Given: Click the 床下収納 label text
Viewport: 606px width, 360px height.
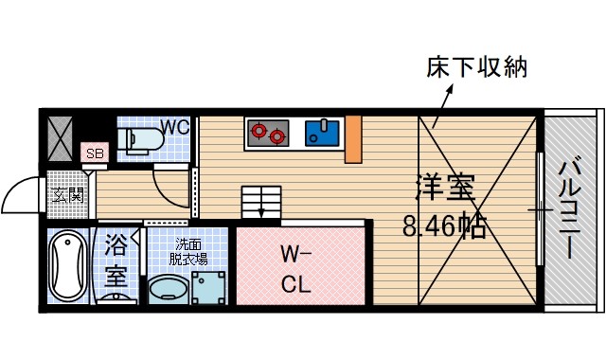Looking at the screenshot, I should click(475, 68).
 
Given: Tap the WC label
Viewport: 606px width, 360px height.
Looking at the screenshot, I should click(173, 127).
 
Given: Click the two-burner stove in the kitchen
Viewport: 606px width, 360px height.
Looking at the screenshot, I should click(266, 133).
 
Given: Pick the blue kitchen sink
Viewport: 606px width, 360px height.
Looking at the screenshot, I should click(323, 133).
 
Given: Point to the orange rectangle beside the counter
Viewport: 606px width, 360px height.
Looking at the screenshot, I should click(354, 138).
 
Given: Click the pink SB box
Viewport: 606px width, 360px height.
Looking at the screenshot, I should click(94, 153).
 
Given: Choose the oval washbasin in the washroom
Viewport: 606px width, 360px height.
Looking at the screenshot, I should click(169, 288).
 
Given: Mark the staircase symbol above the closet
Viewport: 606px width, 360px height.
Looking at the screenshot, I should click(261, 203).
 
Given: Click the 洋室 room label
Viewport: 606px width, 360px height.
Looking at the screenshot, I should click(442, 189).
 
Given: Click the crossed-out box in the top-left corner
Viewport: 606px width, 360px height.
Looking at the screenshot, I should click(59, 138).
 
